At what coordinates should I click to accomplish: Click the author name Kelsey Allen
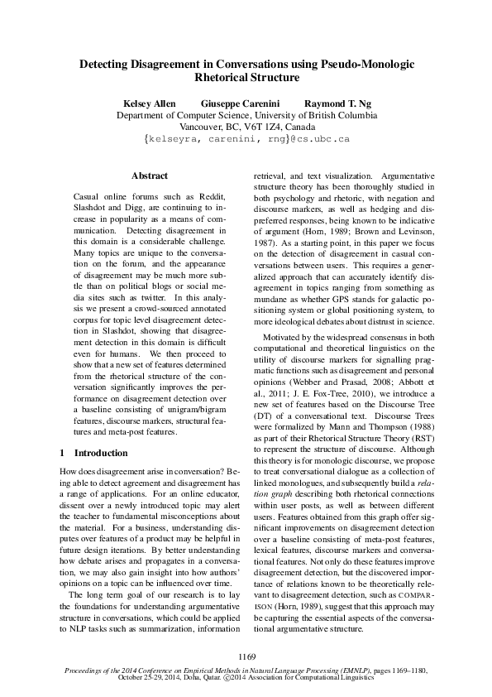[149, 103]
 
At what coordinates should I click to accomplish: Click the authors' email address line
[246, 141]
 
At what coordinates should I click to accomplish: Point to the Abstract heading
[150, 175]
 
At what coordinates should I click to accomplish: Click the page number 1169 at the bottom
[246, 657]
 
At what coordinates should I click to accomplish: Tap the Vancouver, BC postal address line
[246, 128]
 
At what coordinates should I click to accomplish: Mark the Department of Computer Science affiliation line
[246, 116]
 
